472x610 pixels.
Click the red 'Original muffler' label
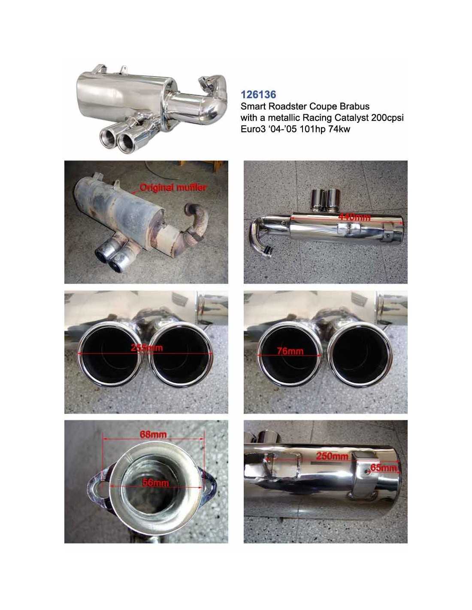(x=172, y=187)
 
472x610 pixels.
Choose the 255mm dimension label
(x=147, y=348)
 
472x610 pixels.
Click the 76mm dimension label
(x=290, y=351)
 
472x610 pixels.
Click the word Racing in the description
(x=316, y=118)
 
